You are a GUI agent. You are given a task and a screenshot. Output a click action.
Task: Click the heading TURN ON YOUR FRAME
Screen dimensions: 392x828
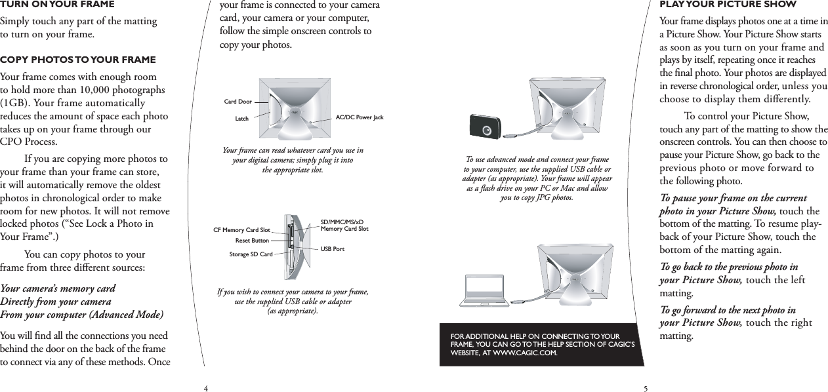click(57, 5)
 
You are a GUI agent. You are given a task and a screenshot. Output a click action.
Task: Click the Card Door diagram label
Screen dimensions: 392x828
click(238, 102)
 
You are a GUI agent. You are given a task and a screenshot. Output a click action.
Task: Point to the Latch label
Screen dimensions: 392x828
click(241, 119)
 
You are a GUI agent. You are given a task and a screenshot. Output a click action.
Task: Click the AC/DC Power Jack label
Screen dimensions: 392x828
click(359, 117)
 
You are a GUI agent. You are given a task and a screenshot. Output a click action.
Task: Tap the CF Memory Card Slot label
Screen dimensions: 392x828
click(242, 230)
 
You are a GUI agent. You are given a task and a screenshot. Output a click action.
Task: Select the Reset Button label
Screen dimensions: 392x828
click(252, 241)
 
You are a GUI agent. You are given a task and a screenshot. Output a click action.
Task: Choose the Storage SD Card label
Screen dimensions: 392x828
click(251, 254)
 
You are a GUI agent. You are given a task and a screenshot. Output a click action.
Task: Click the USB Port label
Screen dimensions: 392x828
click(332, 250)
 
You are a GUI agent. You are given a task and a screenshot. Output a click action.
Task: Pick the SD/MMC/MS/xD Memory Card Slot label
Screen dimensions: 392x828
click(344, 225)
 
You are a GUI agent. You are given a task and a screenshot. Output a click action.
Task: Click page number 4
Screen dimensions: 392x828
click(205, 388)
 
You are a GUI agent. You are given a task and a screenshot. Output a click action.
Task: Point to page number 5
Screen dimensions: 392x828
click(646, 388)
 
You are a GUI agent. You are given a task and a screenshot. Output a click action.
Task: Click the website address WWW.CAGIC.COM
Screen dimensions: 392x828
click(520, 353)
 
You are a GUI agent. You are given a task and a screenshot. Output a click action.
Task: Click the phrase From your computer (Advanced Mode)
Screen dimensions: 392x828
click(81, 315)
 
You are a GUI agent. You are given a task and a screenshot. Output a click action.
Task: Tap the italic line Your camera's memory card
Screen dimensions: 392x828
click(58, 288)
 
